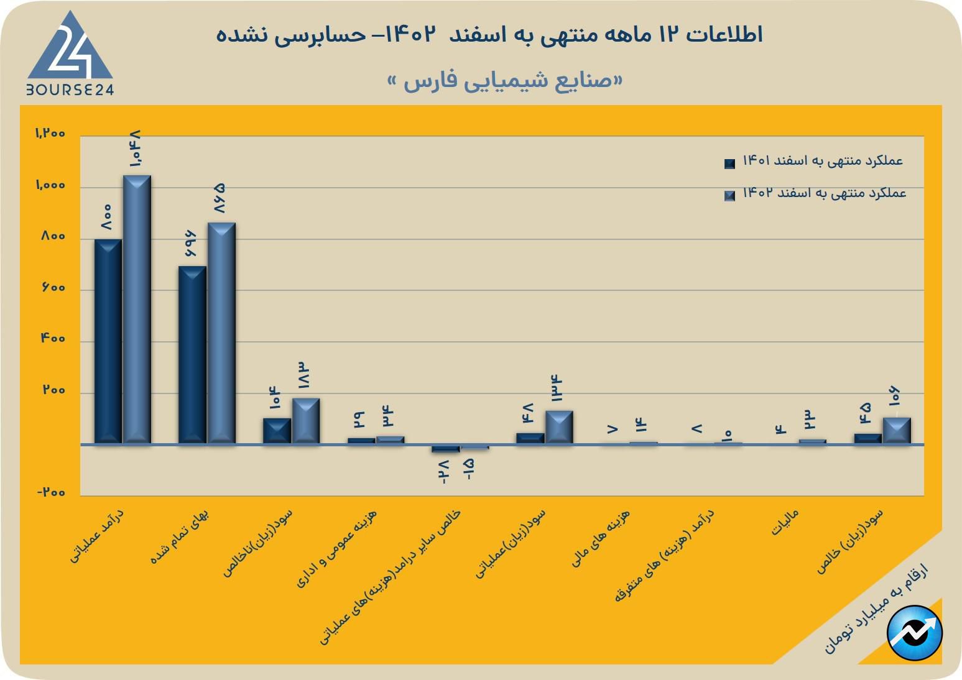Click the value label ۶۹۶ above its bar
[x=190, y=244]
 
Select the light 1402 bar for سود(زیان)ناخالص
[x=306, y=421]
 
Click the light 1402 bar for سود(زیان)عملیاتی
[x=559, y=427]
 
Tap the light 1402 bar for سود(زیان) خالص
[x=897, y=430]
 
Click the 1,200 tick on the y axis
[x=50, y=134]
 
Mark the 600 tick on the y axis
[x=53, y=288]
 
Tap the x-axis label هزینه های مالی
[x=601, y=538]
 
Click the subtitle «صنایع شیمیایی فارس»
[x=505, y=81]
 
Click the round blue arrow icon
[x=915, y=633]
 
